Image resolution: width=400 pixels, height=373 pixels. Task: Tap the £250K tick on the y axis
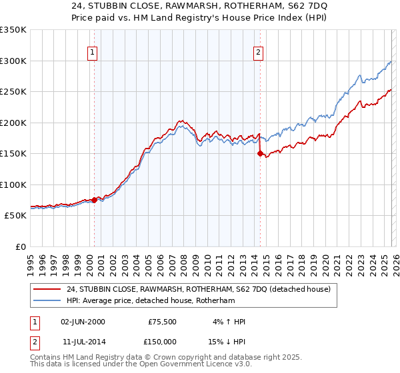[x=13, y=92]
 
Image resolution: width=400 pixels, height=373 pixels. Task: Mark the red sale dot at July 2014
[x=260, y=153]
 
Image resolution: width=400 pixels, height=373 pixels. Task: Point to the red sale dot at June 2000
[x=94, y=199]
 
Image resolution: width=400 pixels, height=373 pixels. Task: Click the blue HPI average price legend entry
[x=160, y=301]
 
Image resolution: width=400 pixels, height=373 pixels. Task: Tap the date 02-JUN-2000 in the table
[x=82, y=322]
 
